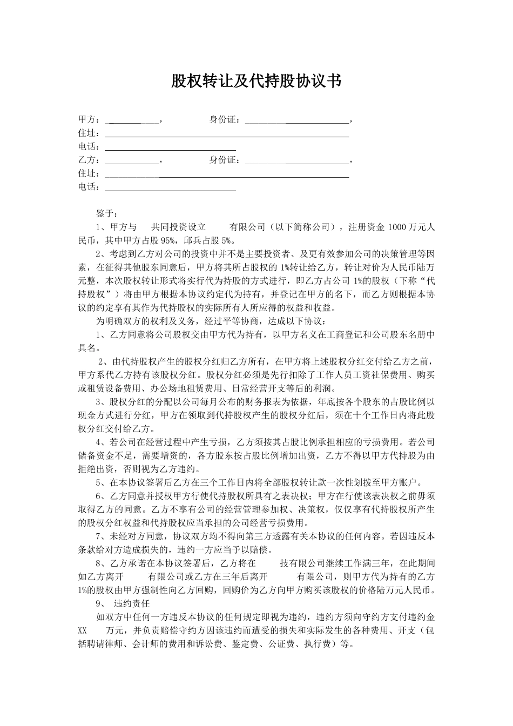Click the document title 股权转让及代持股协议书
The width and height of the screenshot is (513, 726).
click(256, 81)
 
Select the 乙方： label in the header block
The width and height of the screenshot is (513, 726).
click(89, 160)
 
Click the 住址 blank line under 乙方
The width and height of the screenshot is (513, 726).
click(227, 176)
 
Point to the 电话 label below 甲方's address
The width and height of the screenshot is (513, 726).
click(89, 146)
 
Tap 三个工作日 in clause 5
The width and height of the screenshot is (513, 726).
click(214, 482)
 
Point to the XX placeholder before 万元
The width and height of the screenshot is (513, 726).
click(83, 630)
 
